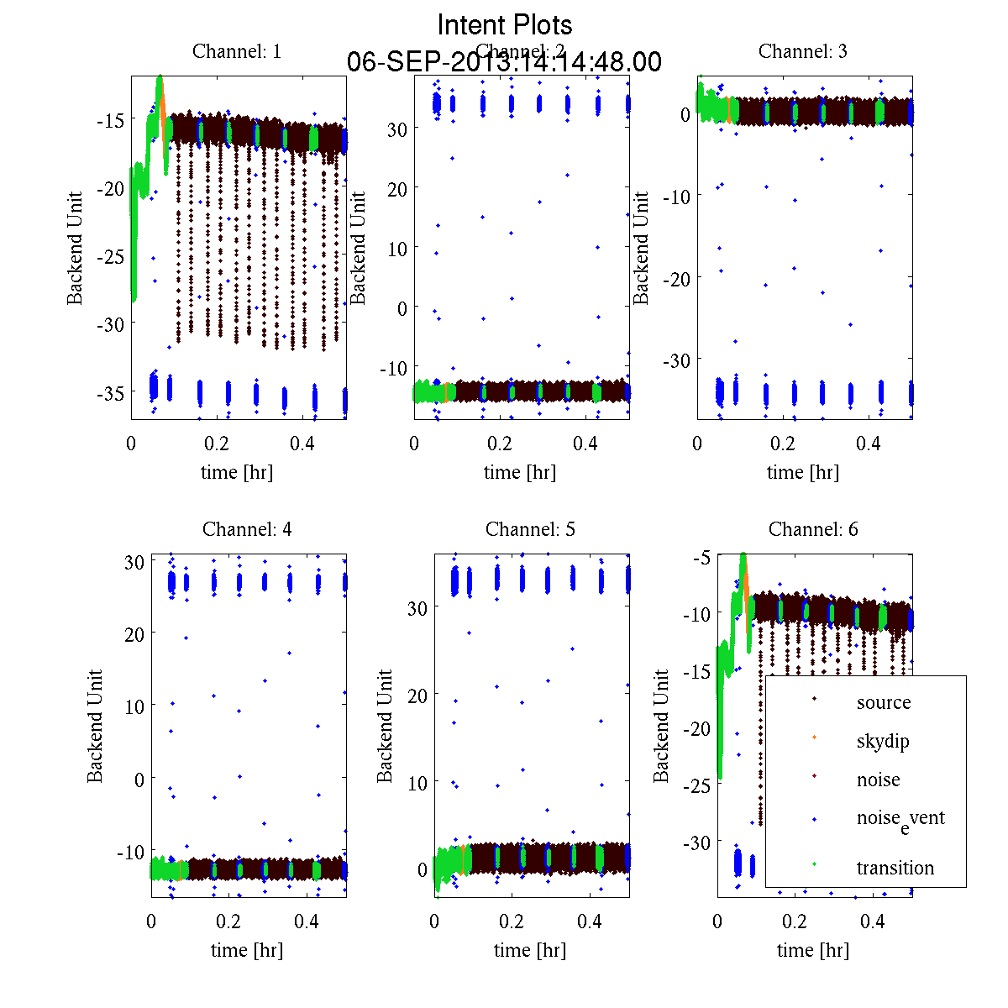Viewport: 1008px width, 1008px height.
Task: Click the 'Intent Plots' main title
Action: (505, 24)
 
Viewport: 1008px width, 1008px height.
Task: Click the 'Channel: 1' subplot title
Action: (237, 51)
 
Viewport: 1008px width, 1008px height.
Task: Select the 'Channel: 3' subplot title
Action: (802, 51)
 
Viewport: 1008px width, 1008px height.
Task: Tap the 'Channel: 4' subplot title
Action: (247, 529)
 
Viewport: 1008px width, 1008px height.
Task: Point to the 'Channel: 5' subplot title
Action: (530, 529)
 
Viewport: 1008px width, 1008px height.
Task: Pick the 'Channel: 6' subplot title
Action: (813, 529)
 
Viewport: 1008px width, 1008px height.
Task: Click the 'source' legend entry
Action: (883, 702)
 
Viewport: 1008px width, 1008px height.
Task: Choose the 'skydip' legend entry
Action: (882, 741)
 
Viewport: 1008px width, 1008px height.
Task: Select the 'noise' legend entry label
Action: (878, 780)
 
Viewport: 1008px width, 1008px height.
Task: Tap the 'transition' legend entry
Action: (895, 868)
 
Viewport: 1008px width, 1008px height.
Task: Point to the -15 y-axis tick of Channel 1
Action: (110, 120)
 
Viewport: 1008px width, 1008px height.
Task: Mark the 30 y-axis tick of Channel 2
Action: (396, 129)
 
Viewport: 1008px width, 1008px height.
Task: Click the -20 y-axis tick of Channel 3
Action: (677, 278)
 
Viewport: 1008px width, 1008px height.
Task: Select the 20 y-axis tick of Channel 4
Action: (134, 634)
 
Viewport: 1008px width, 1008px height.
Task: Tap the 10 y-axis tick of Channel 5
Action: (417, 782)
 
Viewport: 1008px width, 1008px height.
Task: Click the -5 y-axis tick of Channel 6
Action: (702, 558)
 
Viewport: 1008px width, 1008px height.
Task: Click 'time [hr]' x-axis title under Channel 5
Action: (530, 950)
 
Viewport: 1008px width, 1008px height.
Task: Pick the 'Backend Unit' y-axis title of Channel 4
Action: (95, 726)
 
